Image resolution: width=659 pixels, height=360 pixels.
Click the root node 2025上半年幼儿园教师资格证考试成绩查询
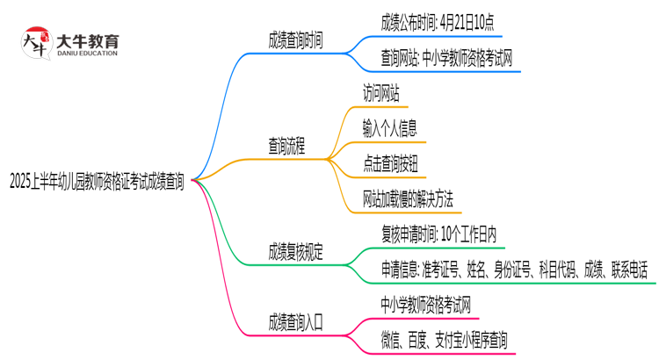[x=97, y=182]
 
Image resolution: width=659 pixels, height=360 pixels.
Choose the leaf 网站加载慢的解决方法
[x=407, y=200]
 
